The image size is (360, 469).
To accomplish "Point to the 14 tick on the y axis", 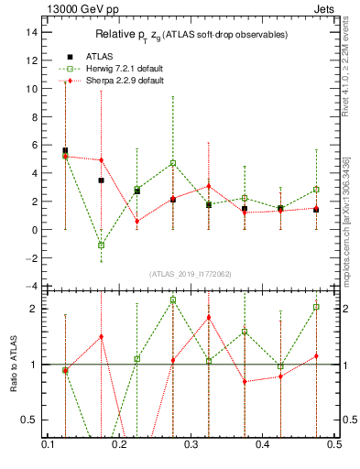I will tap(32, 32).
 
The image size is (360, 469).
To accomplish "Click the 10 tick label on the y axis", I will tap(32, 89).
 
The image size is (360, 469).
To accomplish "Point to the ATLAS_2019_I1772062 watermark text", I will tap(190, 274).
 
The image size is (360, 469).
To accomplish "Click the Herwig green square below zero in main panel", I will tap(102, 245).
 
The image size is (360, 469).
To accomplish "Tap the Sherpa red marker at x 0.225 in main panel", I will tap(137, 221).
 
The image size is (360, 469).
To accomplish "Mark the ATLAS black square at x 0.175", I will tap(102, 180).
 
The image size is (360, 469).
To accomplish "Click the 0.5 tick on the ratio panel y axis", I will tap(32, 420).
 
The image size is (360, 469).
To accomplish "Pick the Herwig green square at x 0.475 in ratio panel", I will tap(316, 307).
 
